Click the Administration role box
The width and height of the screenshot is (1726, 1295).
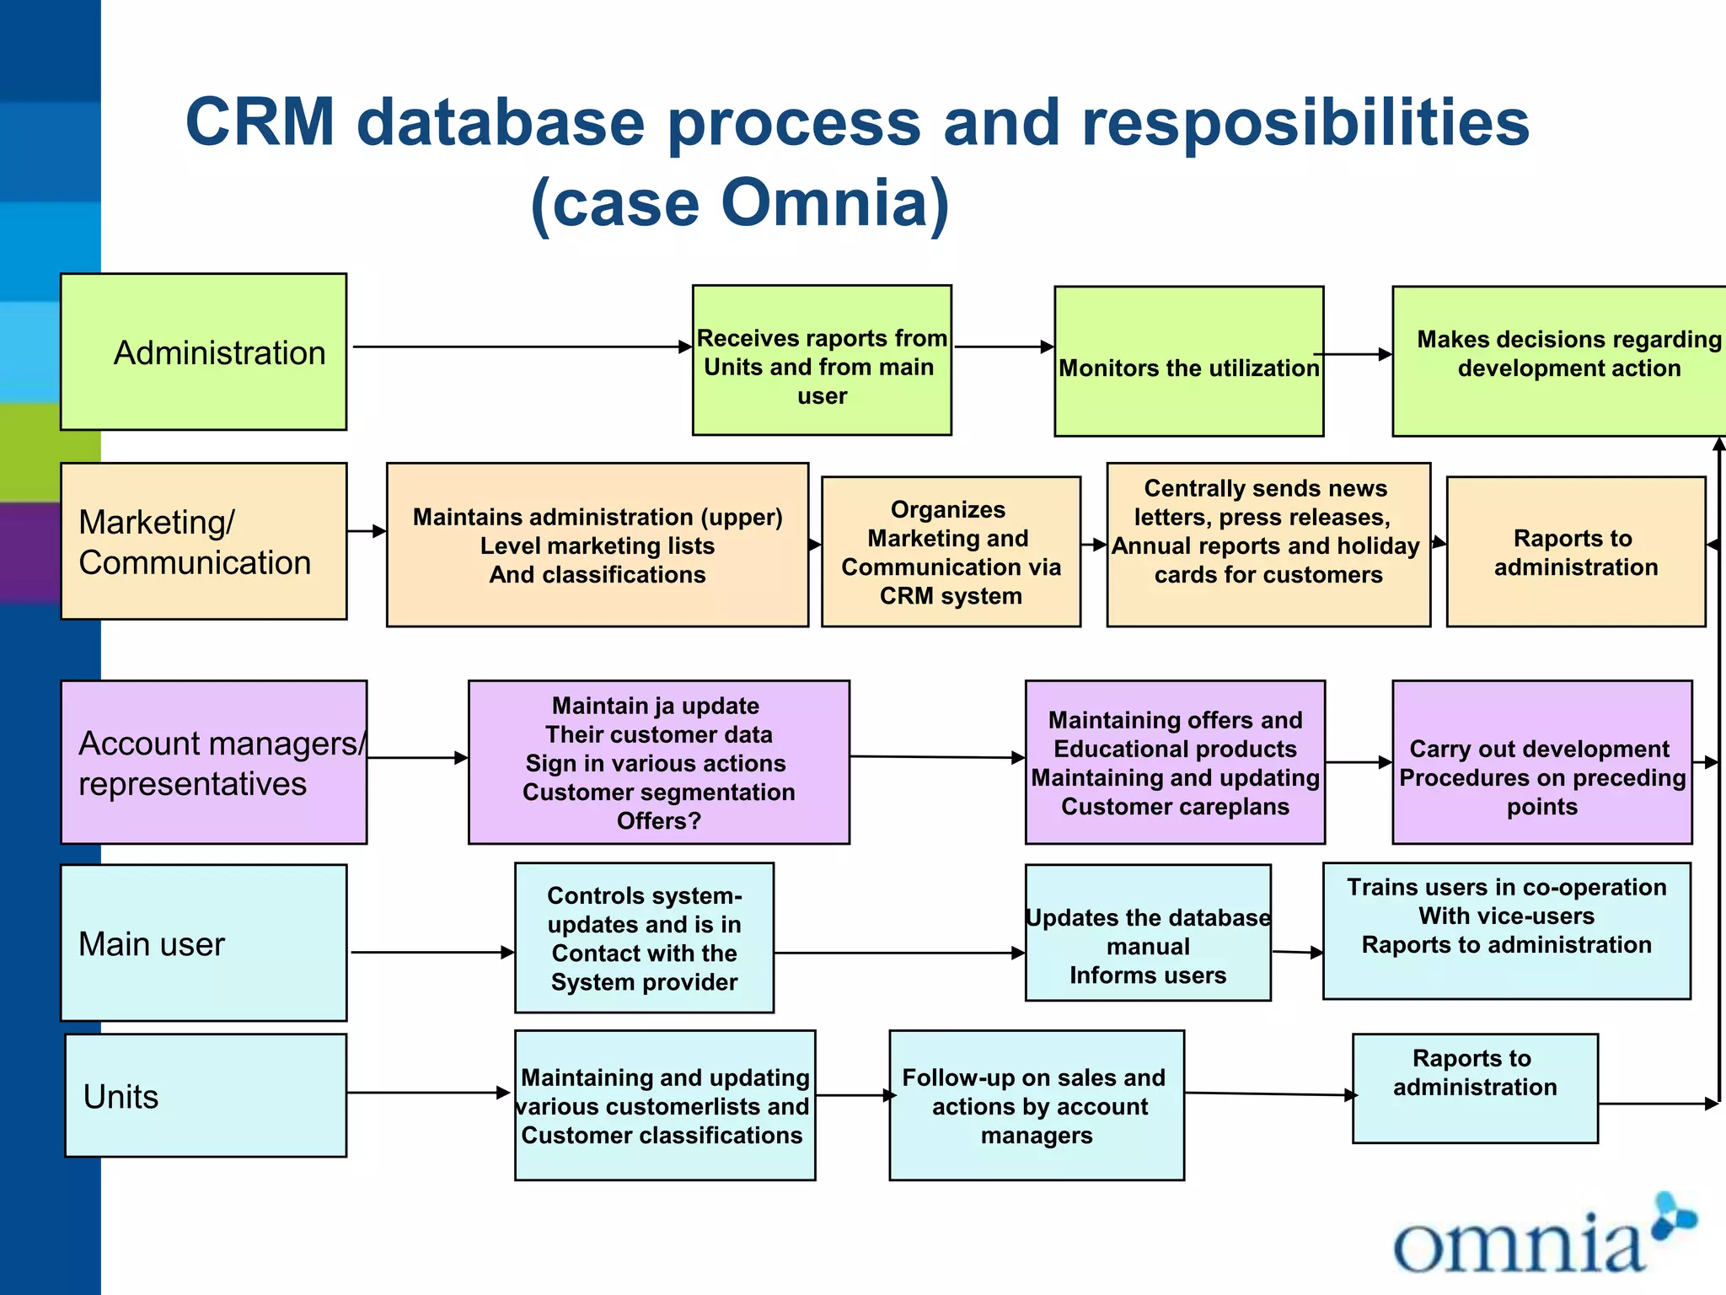click(x=203, y=352)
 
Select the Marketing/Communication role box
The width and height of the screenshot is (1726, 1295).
click(x=203, y=541)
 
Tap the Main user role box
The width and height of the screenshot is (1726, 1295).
click(x=203, y=943)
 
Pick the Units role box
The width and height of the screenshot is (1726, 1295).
click(x=206, y=1095)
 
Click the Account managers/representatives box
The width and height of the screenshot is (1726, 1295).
click(x=214, y=762)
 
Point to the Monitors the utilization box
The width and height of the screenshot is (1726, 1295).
click(x=1188, y=362)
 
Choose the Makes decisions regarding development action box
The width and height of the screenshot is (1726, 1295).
click(x=1559, y=361)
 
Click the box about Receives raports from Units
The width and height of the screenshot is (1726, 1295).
click(x=822, y=361)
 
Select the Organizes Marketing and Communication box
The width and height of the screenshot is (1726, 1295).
click(x=951, y=552)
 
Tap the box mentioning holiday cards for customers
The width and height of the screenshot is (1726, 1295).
click(x=1268, y=545)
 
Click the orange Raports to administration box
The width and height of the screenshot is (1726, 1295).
click(x=1575, y=552)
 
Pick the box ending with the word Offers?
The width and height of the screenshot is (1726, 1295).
click(x=658, y=762)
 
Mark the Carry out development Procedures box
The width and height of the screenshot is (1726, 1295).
click(x=1541, y=762)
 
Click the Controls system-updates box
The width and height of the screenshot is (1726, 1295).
click(x=644, y=938)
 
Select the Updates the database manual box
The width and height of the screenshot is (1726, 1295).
click(x=1148, y=933)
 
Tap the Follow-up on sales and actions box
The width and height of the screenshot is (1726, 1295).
click(x=1037, y=1105)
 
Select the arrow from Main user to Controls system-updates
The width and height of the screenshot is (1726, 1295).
click(x=431, y=953)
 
